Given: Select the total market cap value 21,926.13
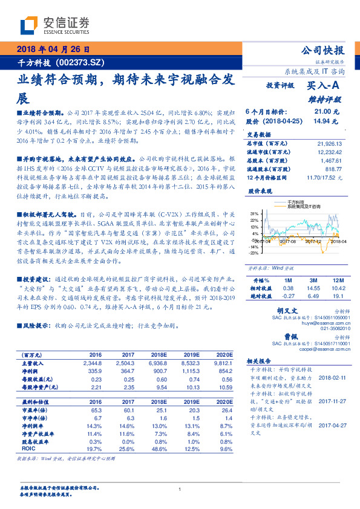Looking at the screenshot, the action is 329,144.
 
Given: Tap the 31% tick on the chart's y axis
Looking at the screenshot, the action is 255,213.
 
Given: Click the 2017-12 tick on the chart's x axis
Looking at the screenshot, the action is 312,241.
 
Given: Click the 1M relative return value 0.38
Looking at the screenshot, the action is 288,289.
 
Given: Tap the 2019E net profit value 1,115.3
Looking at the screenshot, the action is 193,371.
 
